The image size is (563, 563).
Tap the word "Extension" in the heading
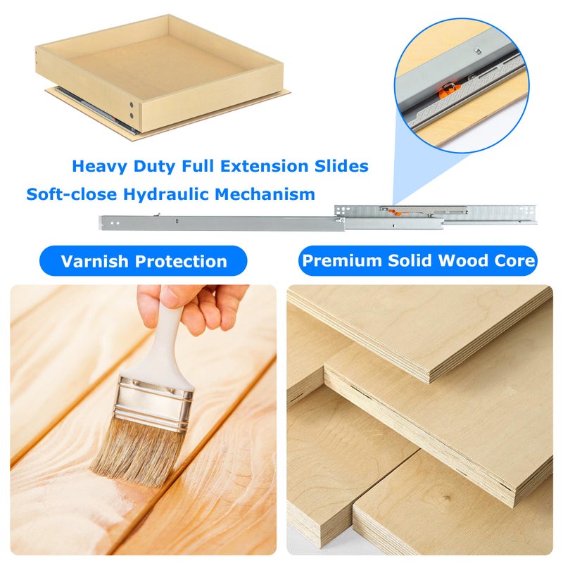[x=265, y=166]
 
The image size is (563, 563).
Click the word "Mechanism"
[x=265, y=194]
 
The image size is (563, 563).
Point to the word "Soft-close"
[x=72, y=194]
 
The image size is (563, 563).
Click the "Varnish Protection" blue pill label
[x=144, y=261]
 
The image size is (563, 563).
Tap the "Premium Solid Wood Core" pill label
[x=418, y=260]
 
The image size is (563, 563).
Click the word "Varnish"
[x=95, y=261]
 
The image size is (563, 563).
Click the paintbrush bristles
[x=137, y=450]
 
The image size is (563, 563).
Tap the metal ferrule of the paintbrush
[x=154, y=403]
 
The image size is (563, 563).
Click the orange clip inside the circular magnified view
[x=447, y=91]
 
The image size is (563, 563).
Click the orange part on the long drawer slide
[x=398, y=213]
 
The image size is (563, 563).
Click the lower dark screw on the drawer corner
[x=132, y=116]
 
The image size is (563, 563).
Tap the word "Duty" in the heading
[x=154, y=167]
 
